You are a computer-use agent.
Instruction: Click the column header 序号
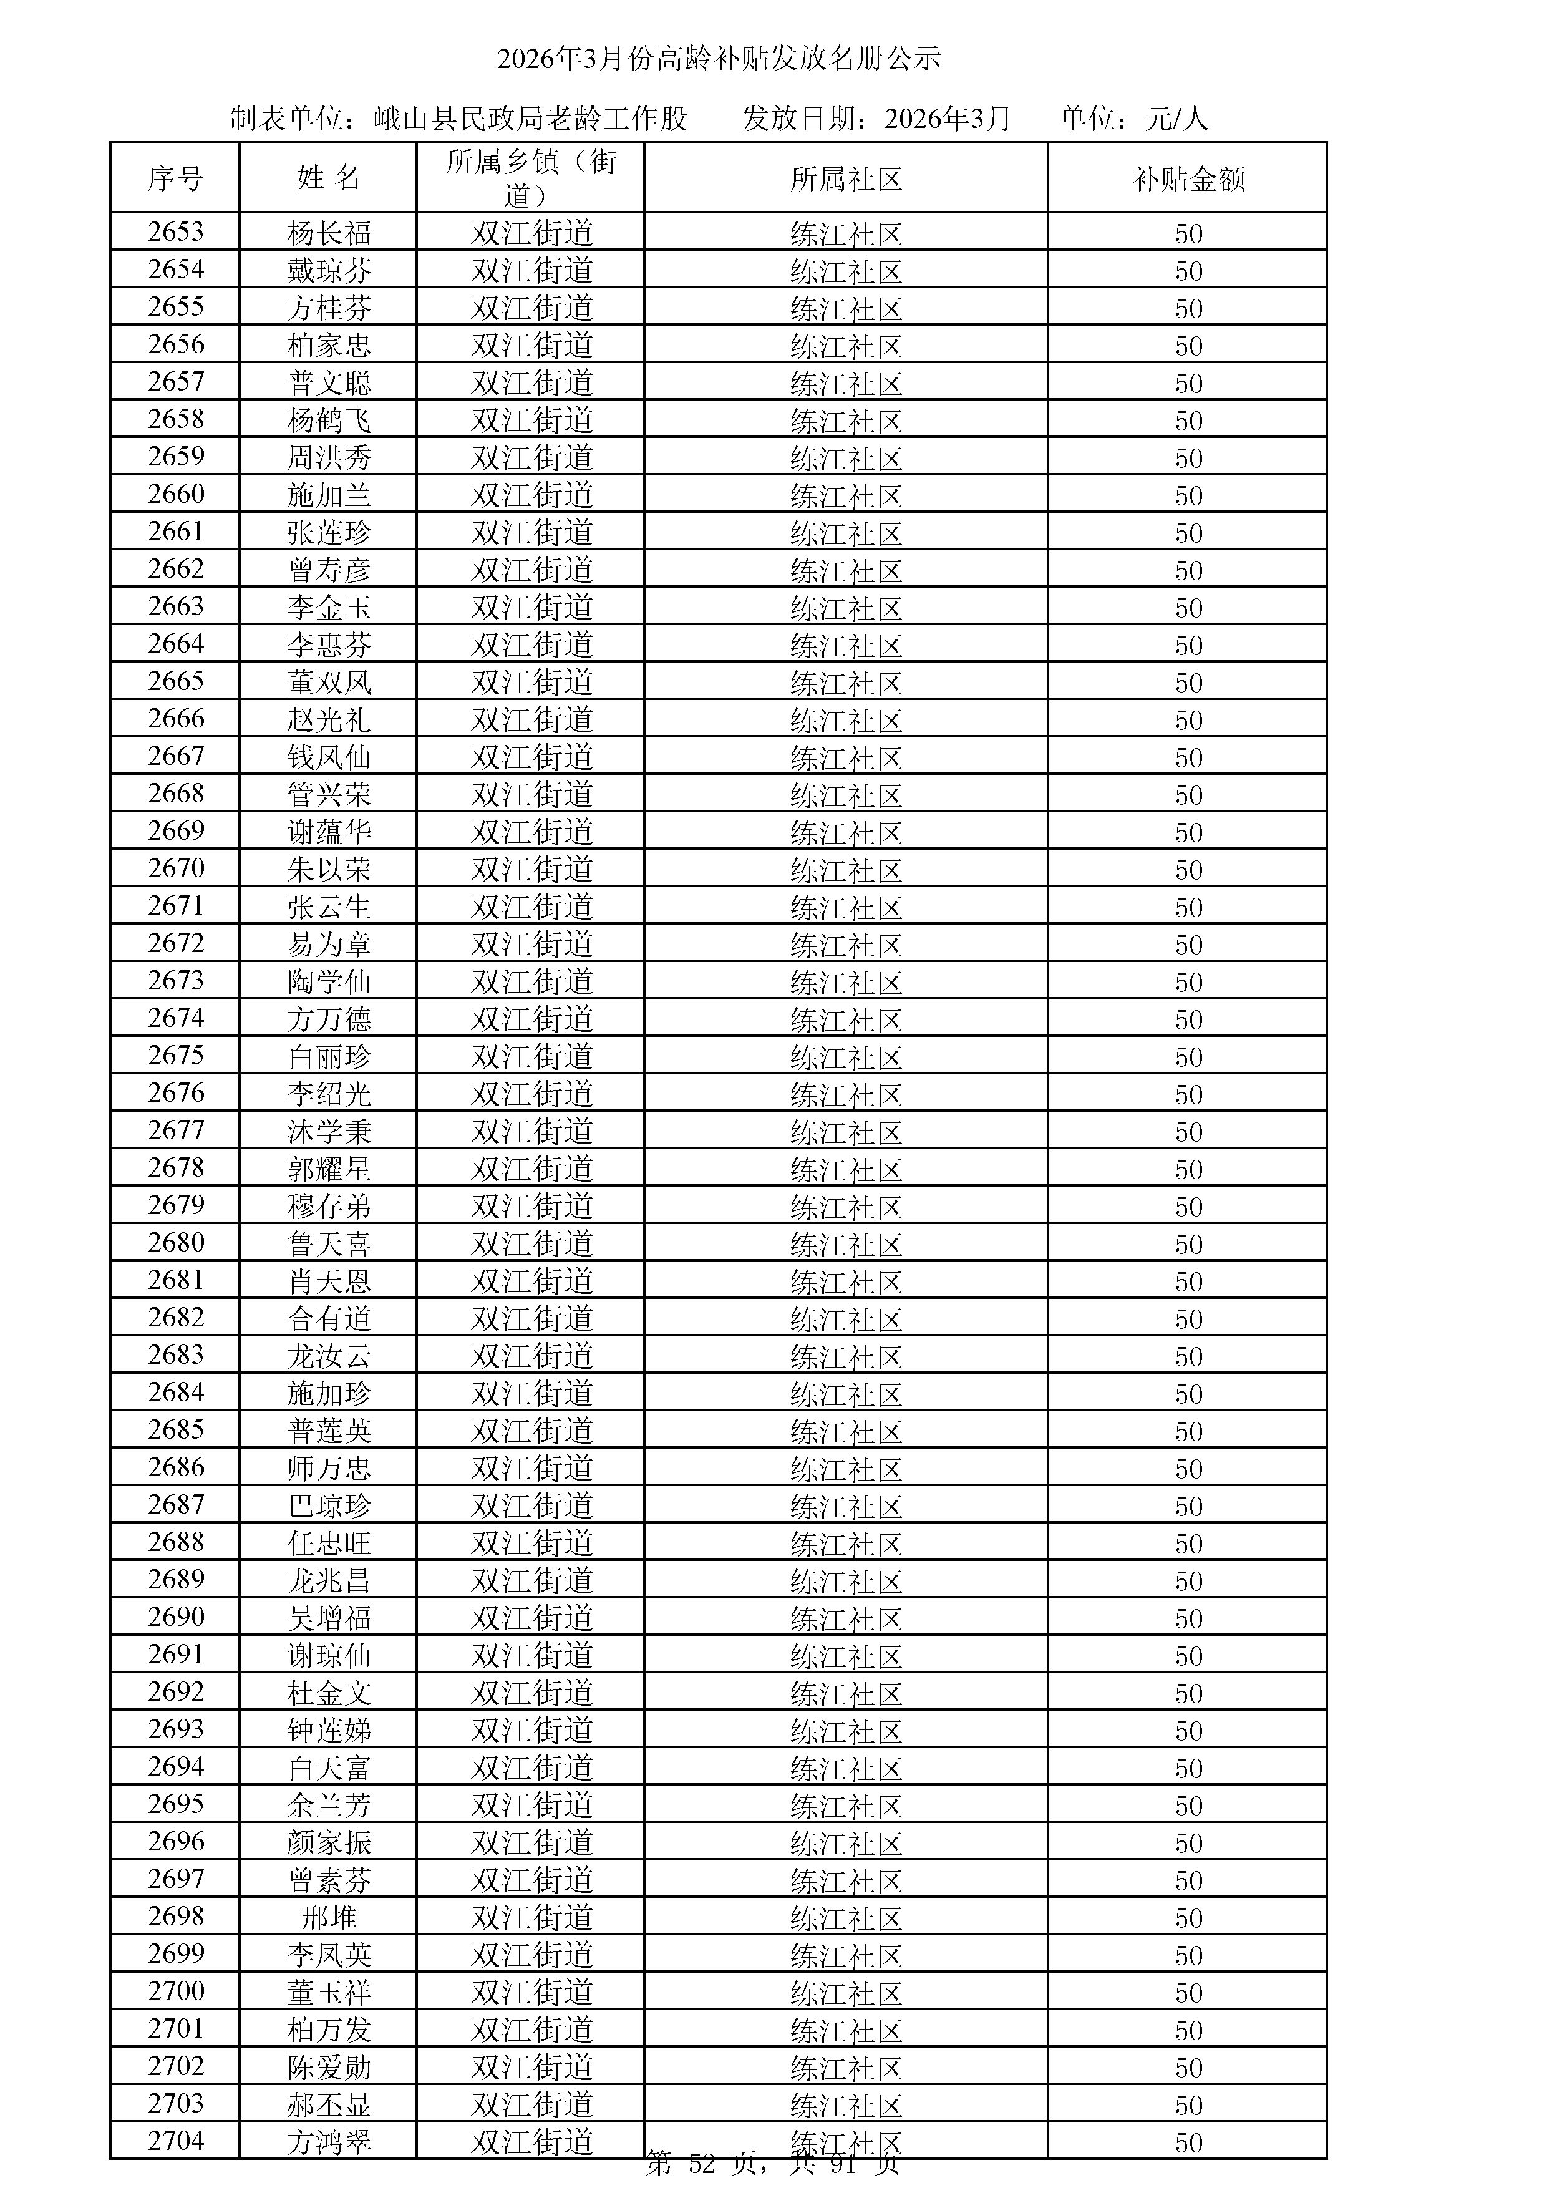175,178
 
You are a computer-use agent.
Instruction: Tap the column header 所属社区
846,179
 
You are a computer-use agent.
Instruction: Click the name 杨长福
329,233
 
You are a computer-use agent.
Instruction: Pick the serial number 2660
177,494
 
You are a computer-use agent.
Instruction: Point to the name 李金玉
329,607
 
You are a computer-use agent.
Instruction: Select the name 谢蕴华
329,832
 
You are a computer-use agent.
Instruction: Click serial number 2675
177,1055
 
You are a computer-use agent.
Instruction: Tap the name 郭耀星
329,1169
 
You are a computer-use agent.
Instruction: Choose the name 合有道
329,1318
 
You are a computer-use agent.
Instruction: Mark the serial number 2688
177,1541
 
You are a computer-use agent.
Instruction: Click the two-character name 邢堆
329,1917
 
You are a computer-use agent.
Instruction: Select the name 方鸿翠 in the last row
329,2141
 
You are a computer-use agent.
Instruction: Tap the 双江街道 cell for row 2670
531,869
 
